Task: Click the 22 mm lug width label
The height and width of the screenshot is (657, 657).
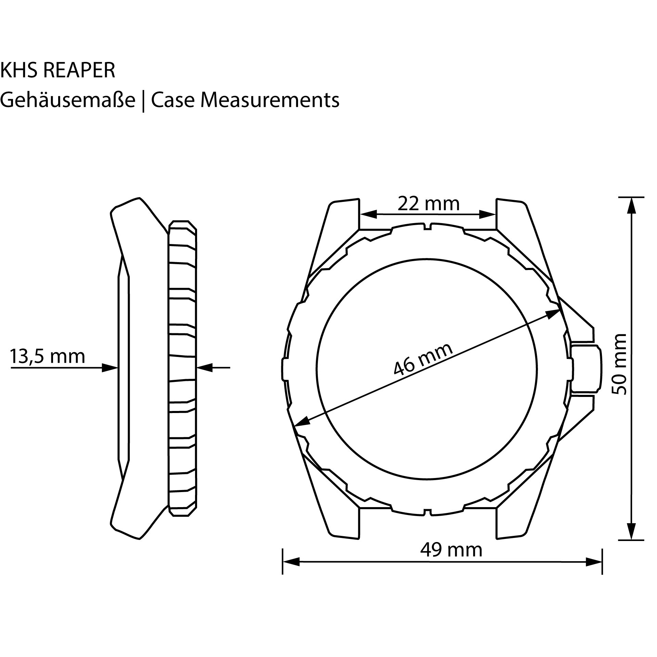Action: pos(428,204)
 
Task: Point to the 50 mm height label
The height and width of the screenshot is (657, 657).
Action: pos(619,364)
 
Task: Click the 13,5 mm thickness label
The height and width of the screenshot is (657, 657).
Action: pos(47,356)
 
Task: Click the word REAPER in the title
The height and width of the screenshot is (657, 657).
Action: pos(79,70)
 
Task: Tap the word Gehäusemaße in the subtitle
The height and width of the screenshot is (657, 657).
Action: pos(68,100)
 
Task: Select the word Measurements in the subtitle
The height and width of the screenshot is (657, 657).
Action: pos(270,100)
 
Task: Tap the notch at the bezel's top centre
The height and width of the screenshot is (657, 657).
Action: pos(427,227)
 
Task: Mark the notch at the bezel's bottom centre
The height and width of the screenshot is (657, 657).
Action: pos(427,512)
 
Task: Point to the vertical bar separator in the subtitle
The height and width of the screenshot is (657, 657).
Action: pos(143,101)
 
